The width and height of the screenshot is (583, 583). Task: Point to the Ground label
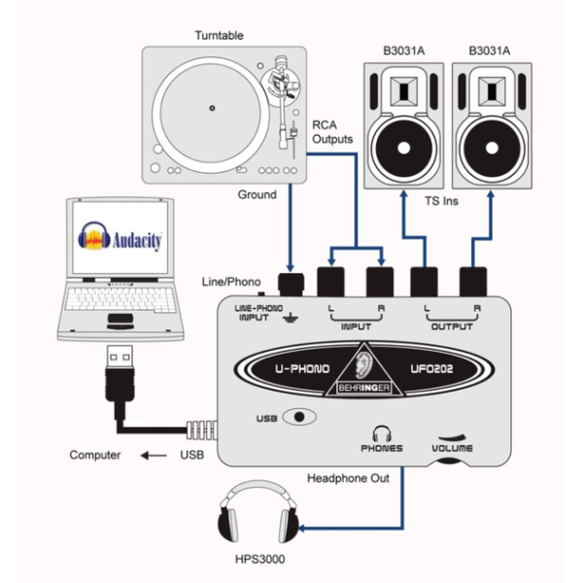(257, 194)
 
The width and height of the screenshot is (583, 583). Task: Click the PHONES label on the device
(380, 450)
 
